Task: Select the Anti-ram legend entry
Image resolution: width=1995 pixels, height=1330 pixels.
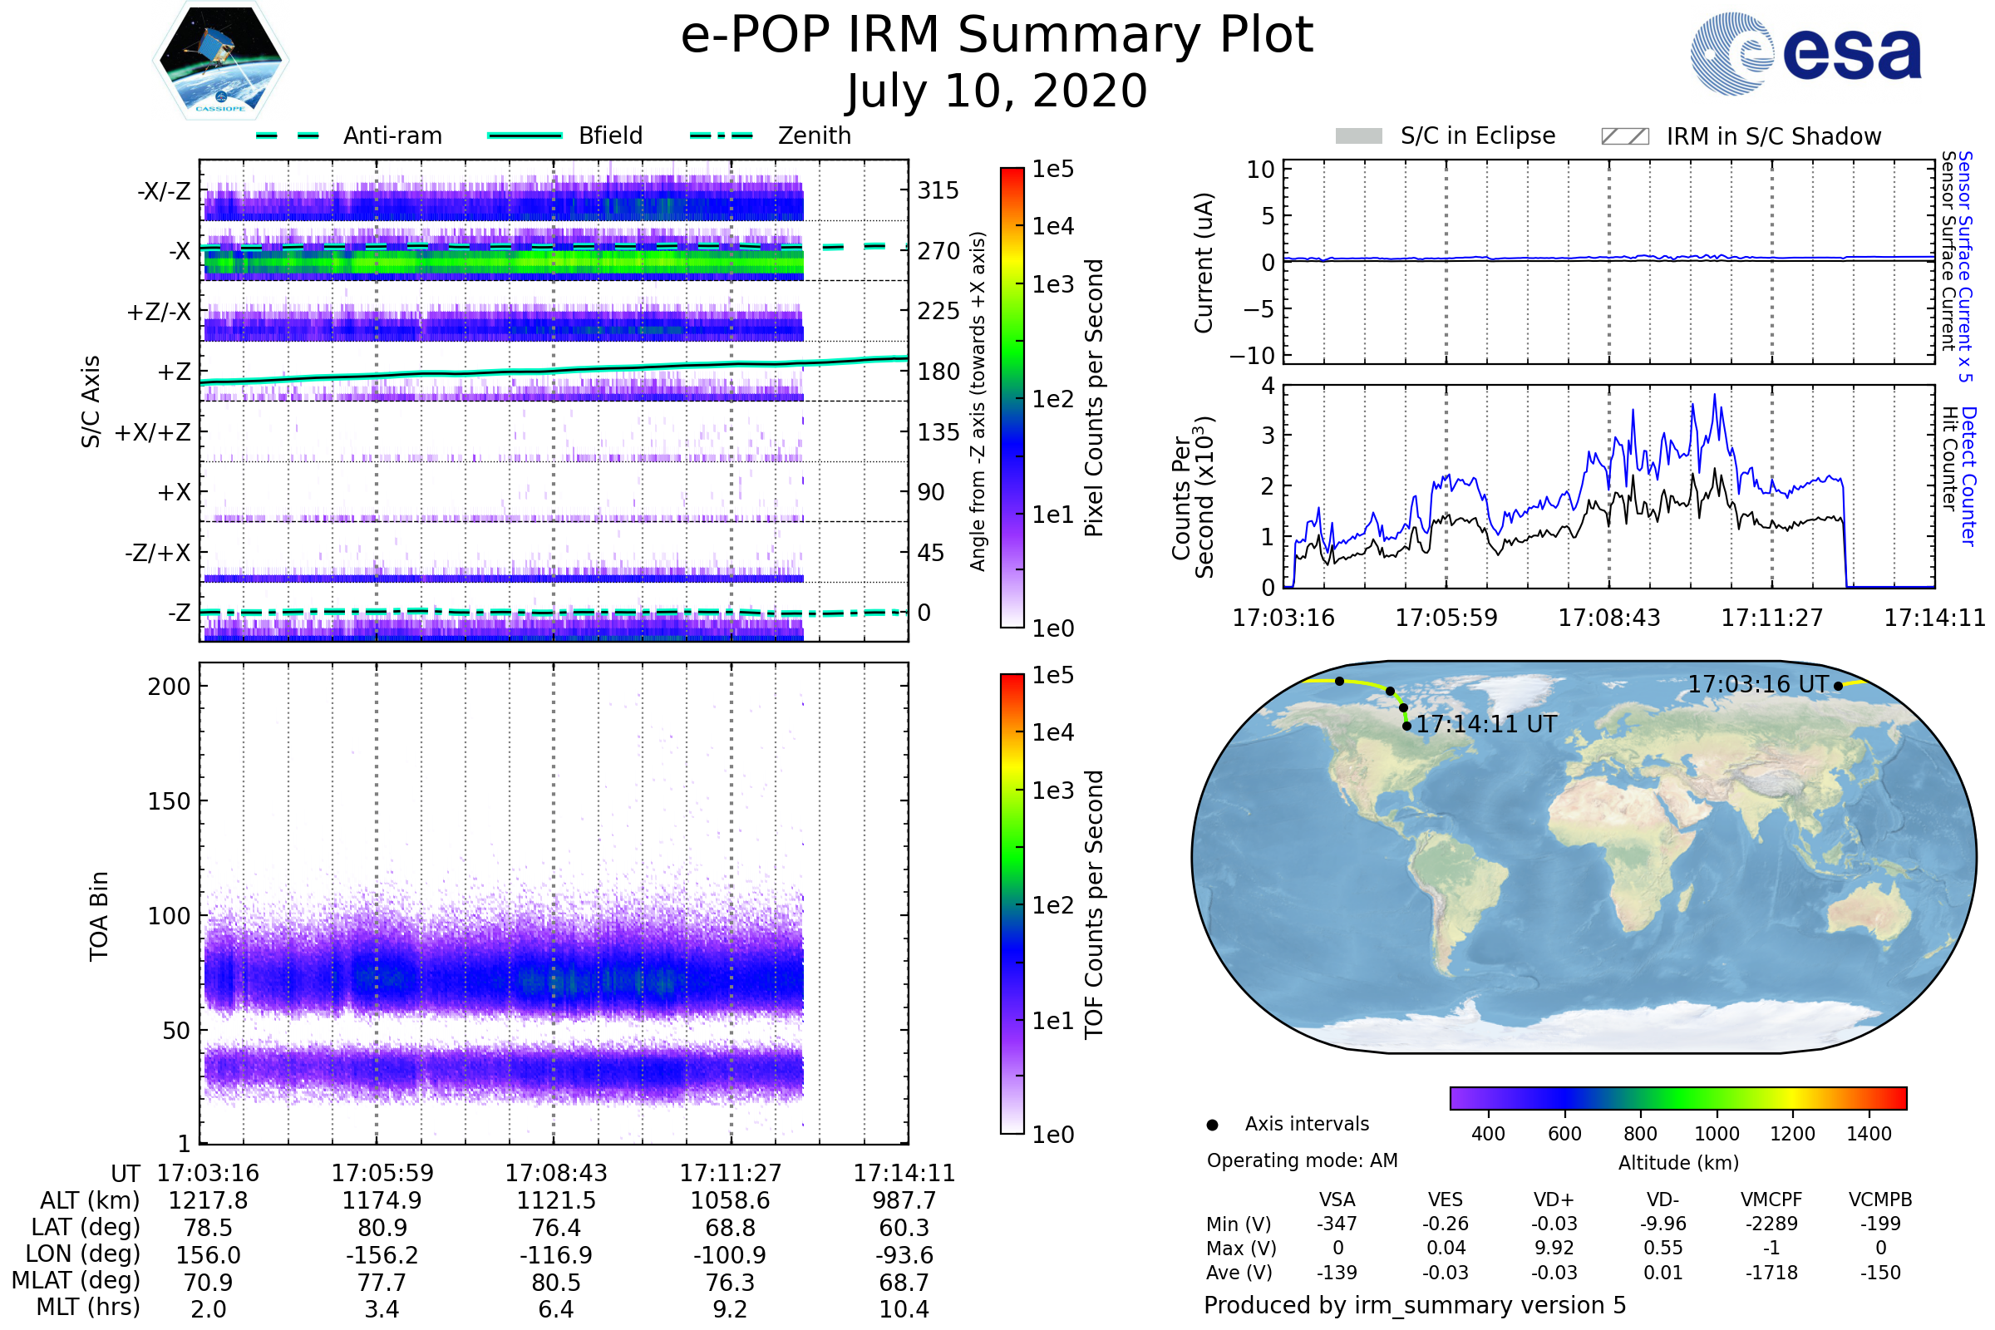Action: [392, 135]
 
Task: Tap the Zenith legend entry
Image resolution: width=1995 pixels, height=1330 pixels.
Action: [814, 135]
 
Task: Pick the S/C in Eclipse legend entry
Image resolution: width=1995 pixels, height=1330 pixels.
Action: [1477, 135]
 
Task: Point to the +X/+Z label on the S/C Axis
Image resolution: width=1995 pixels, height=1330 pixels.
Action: [153, 432]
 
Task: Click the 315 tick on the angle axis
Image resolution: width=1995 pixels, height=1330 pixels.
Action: [938, 190]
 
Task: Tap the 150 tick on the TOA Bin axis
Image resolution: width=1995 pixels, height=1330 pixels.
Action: [169, 800]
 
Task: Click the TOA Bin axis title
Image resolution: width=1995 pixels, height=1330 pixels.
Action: [99, 916]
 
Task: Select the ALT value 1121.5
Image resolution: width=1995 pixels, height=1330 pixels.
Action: [555, 1201]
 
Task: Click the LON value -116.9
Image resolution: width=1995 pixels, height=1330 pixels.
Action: [555, 1255]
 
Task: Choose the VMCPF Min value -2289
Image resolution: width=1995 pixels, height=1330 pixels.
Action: [1771, 1224]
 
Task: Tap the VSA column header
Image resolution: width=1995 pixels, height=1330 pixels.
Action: [1337, 1200]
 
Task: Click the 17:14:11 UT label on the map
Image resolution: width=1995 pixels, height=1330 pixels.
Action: [1486, 724]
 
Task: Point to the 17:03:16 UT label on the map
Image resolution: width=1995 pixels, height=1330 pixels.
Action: [1757, 684]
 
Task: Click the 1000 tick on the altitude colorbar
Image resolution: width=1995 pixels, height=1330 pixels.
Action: [1716, 1134]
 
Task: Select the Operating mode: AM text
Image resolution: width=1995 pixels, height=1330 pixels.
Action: [1302, 1160]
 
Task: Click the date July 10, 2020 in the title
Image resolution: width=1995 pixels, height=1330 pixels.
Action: [997, 91]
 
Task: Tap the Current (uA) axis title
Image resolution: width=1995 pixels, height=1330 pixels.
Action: [1204, 263]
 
